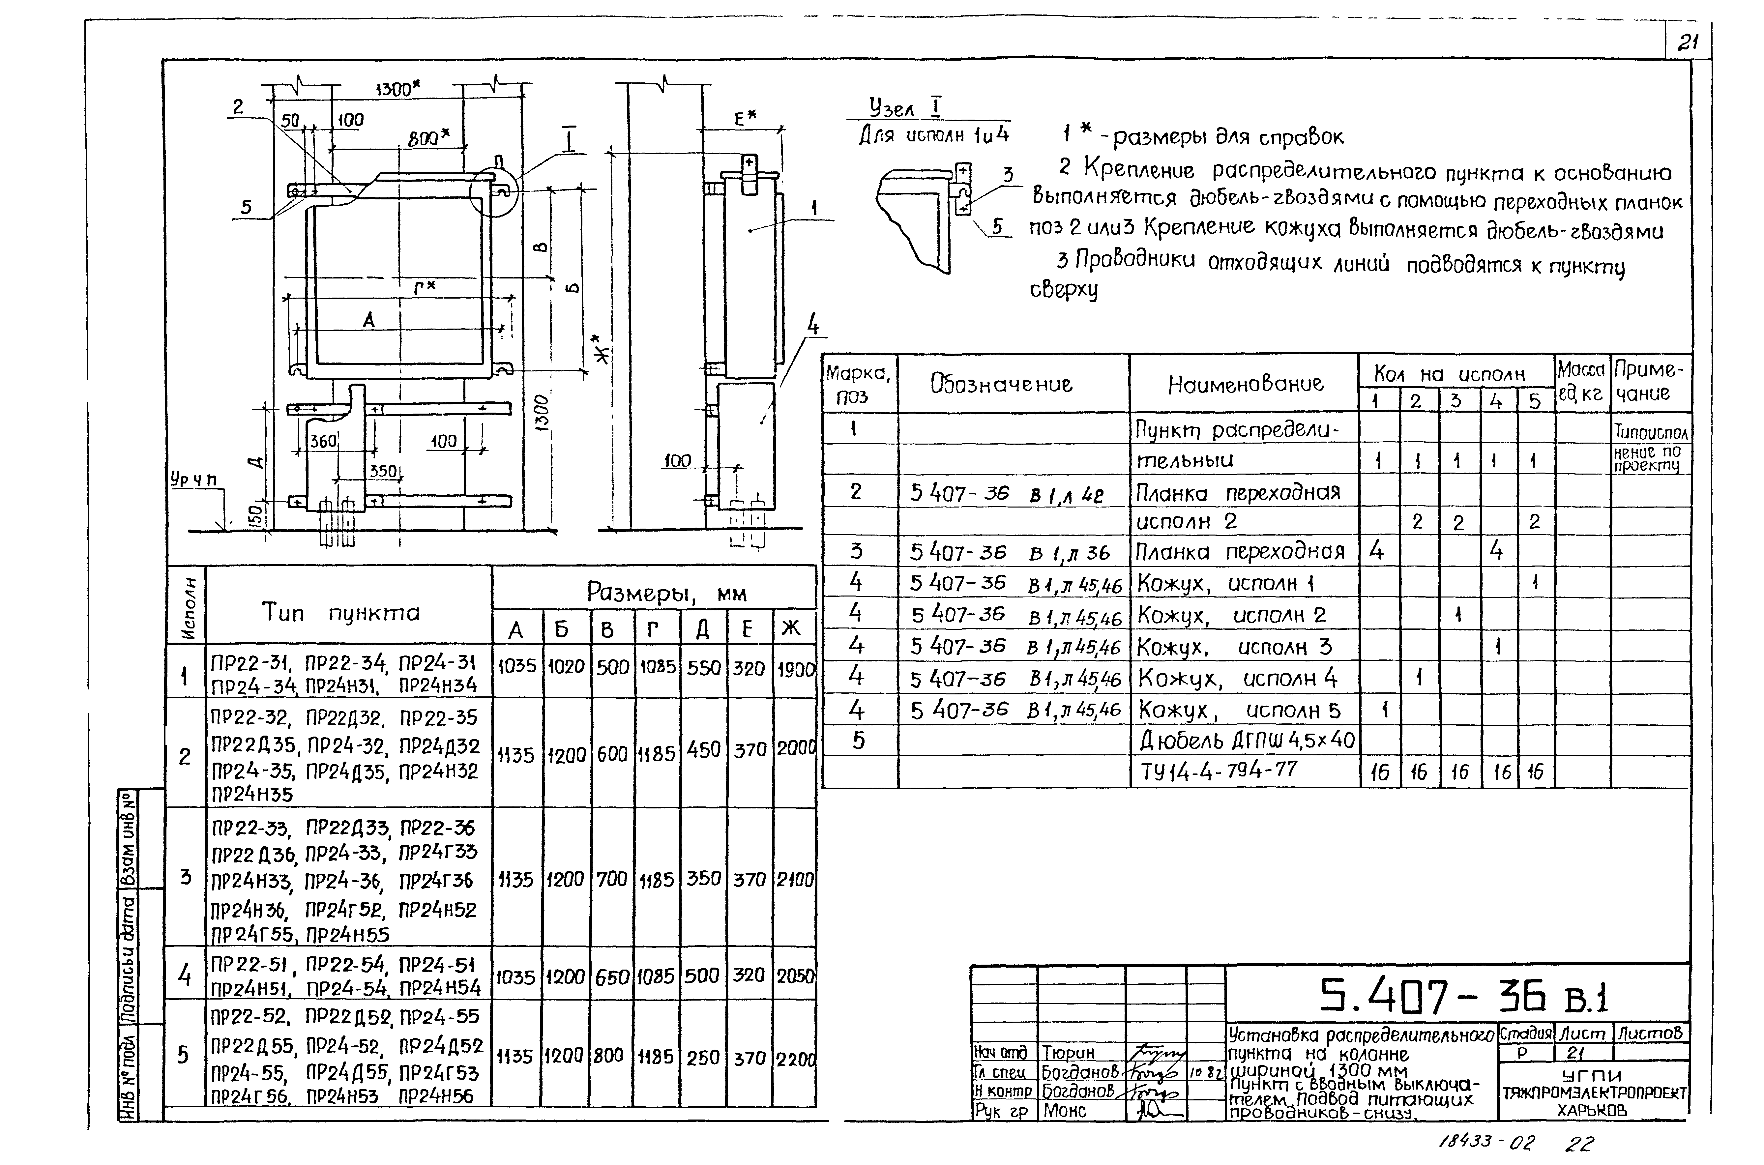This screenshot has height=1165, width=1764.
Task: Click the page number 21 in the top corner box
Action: coord(1688,43)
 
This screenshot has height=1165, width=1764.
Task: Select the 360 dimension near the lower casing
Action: coord(323,441)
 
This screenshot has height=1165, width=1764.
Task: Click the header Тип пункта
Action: coord(340,613)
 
